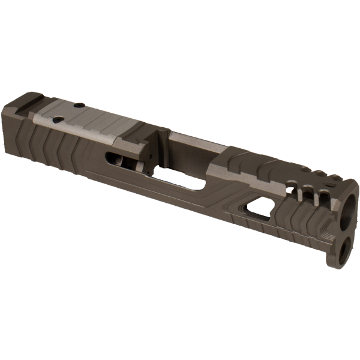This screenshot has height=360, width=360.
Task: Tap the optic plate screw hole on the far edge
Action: pos(81,103)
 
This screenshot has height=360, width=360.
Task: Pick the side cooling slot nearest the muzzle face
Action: pos(322,194)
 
